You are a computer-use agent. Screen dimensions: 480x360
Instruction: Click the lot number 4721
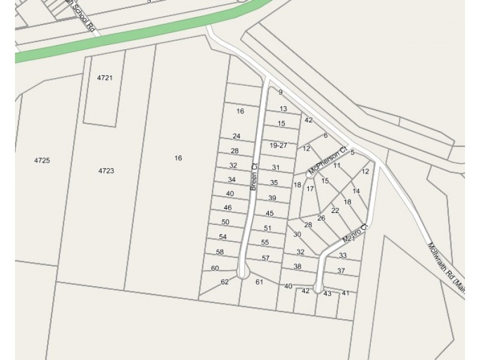[x=104, y=78]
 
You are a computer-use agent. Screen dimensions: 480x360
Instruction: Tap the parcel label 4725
[x=41, y=160]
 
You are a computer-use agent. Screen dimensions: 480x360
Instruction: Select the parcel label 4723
[x=106, y=171]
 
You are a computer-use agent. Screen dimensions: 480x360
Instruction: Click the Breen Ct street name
[x=254, y=177]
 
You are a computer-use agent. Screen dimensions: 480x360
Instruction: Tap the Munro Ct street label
[x=354, y=233]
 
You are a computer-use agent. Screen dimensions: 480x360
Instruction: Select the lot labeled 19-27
[x=278, y=145]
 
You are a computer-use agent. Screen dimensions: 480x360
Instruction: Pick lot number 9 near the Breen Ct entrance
[x=280, y=92]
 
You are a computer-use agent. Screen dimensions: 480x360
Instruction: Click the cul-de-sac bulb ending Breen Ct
[x=242, y=273]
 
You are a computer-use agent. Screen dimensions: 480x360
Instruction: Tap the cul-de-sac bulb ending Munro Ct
[x=319, y=288]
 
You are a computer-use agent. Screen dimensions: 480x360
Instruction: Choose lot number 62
[x=225, y=281]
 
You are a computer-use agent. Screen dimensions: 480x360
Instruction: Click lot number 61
[x=260, y=281]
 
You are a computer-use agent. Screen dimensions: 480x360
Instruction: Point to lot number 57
[x=265, y=258]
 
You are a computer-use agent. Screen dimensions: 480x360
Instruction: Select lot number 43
[x=327, y=293]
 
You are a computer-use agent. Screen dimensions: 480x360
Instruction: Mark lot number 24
[x=236, y=136]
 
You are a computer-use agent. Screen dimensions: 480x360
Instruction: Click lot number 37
[x=341, y=271]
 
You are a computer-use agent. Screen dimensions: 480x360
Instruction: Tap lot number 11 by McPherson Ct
[x=337, y=166]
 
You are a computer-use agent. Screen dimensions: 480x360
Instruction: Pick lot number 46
[x=228, y=208]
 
